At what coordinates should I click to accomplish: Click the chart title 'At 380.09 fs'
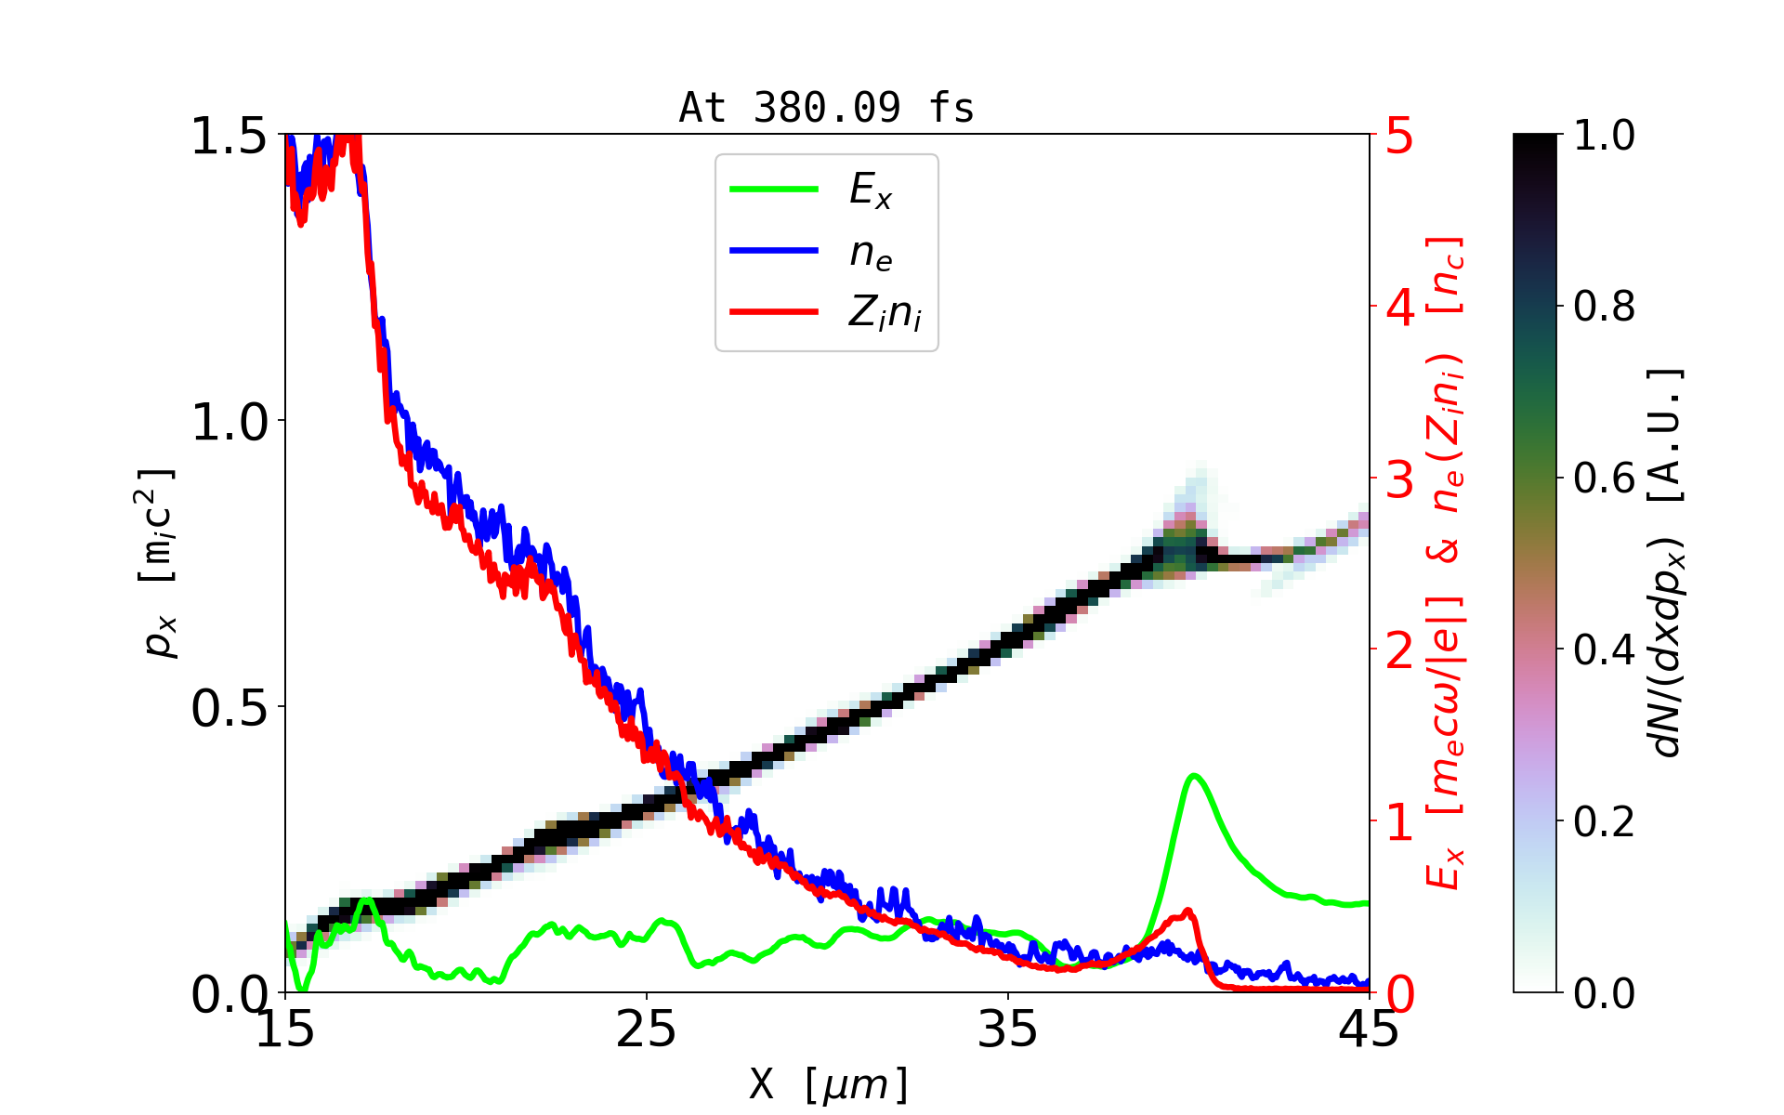(826, 109)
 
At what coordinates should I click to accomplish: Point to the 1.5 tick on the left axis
(229, 137)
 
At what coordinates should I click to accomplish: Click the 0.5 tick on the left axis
(229, 708)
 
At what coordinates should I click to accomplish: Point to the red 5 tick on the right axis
(1399, 137)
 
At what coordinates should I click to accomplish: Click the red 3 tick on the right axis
(1399, 480)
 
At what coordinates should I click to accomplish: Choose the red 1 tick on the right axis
(1399, 823)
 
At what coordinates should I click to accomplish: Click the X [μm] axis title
(829, 1083)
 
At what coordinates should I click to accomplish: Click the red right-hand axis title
(1447, 563)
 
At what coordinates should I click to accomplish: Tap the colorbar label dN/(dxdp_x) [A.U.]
(1668, 563)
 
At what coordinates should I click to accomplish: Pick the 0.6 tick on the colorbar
(1604, 479)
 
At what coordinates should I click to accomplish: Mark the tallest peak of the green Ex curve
(1195, 775)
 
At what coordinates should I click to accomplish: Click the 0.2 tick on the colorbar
(1604, 822)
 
